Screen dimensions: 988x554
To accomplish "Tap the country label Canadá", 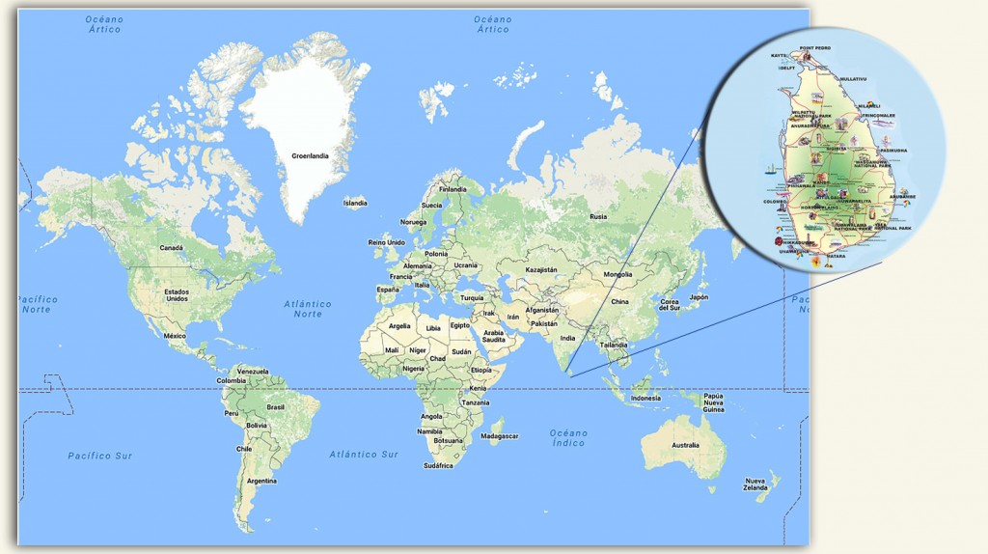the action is click(x=171, y=247).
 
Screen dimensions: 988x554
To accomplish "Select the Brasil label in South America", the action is click(x=276, y=406).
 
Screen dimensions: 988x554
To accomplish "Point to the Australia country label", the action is click(x=685, y=445).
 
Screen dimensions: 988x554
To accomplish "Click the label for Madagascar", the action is click(x=500, y=436).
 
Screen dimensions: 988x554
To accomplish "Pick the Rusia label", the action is click(x=599, y=216).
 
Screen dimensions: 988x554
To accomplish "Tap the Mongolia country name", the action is click(x=618, y=274).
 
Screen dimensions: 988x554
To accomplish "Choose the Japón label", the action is click(x=699, y=297).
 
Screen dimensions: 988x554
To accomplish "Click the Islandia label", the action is click(x=355, y=203).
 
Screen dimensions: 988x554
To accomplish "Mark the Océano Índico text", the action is click(x=568, y=438).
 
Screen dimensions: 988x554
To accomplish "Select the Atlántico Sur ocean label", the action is click(x=364, y=454).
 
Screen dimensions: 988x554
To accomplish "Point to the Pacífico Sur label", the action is click(x=99, y=455).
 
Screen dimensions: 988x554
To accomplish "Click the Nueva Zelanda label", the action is click(x=755, y=485).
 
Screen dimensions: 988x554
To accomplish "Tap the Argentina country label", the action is click(x=261, y=481).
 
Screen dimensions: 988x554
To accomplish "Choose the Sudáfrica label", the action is click(x=438, y=465).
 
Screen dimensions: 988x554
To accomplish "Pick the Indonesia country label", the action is click(x=645, y=398).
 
